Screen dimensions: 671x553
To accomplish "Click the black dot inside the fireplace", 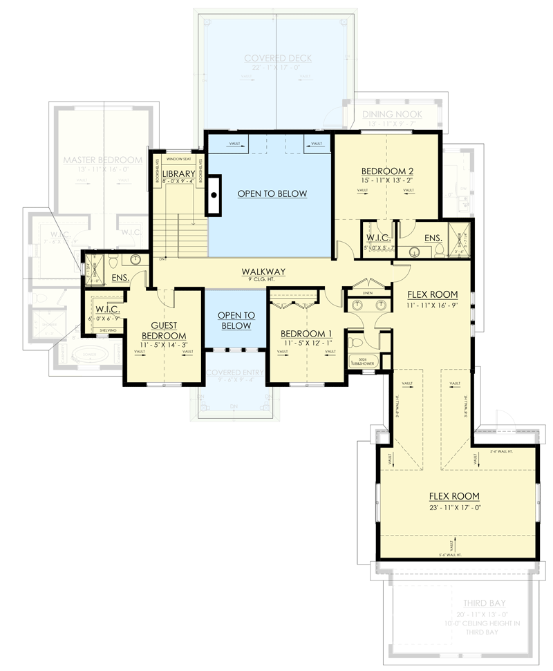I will pyautogui.click(x=214, y=196).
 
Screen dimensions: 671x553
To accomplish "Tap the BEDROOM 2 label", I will pyautogui.click(x=386, y=171).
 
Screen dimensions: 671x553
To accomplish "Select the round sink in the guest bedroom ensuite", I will pyautogui.click(x=135, y=260).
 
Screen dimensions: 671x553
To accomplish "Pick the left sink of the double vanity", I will pyautogui.click(x=358, y=304).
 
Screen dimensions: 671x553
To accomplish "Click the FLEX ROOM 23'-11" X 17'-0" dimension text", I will pyautogui.click(x=454, y=507).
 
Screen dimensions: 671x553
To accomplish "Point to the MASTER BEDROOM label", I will pyautogui.click(x=102, y=160).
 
